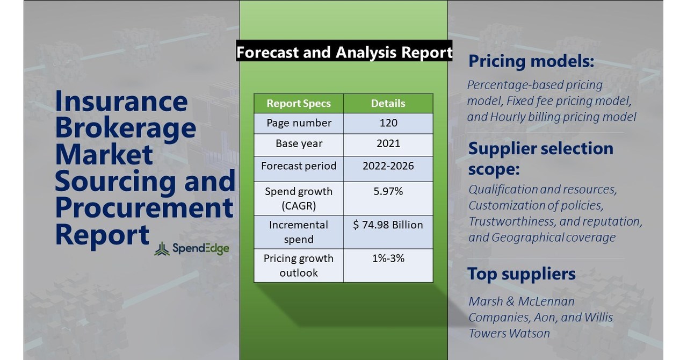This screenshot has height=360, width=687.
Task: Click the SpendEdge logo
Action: coord(192,248)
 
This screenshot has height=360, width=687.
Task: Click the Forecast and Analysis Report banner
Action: coord(344,52)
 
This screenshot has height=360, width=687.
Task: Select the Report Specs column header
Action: coord(299,103)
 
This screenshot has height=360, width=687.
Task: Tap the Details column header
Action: coord(388,103)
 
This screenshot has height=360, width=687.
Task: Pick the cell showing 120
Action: coord(388,123)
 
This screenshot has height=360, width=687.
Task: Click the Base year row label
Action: coord(299,144)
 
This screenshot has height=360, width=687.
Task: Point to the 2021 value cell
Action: coord(388,144)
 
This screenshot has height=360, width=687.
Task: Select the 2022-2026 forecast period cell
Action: coord(388,165)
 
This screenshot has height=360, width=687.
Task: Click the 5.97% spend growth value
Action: coord(388,191)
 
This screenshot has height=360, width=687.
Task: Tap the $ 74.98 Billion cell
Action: coord(388,225)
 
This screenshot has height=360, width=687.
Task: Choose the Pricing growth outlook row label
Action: coord(299,265)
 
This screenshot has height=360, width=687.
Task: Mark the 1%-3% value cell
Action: coord(388,258)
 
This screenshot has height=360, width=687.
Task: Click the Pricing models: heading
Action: coord(531,61)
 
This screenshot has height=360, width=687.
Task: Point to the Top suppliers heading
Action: coord(521,273)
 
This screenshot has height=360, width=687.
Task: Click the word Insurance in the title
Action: coord(121,101)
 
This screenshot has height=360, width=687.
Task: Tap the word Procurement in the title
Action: coord(144,208)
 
